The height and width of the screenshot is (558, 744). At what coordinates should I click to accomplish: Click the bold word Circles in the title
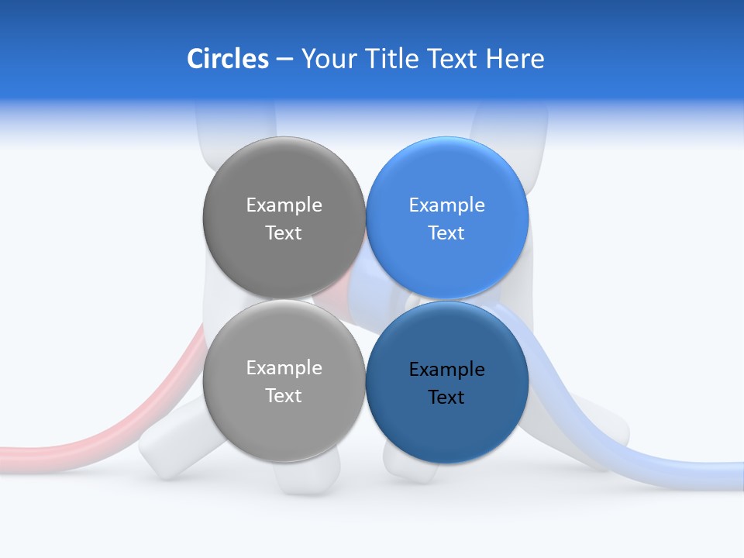point(228,59)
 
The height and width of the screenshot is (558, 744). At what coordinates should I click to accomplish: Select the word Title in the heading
point(393,59)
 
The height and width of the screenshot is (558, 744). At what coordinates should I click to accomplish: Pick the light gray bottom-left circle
point(284,426)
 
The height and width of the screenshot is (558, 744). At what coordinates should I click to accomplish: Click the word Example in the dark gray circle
point(284,205)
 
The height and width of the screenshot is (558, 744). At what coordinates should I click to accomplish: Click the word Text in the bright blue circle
point(446,233)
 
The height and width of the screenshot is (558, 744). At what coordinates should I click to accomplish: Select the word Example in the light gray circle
point(284,368)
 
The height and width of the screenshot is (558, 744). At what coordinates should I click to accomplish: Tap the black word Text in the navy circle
point(446,398)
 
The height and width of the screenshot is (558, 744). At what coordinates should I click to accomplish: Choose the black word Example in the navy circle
point(446,370)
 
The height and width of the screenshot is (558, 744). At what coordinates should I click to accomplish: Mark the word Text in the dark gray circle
point(284,233)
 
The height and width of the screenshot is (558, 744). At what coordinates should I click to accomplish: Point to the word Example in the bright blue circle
point(446,205)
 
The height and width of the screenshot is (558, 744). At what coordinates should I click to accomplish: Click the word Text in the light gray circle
point(284,396)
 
